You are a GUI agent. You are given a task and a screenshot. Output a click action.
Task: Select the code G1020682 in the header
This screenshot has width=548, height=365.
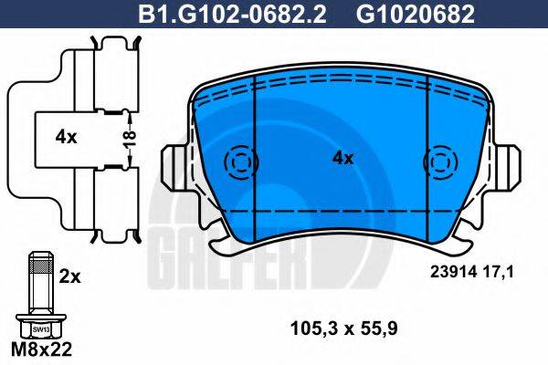click(x=405, y=13)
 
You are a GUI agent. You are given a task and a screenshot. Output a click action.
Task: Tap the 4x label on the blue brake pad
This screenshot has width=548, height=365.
click(x=342, y=158)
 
